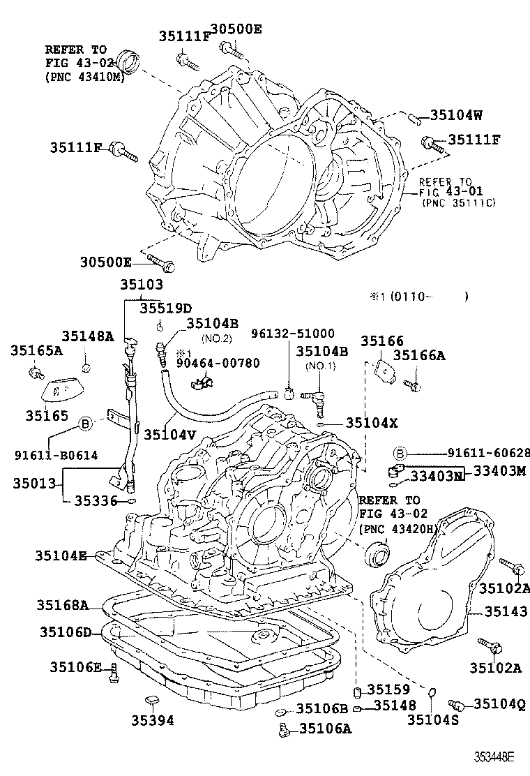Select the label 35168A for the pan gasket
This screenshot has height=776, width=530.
pyautogui.click(x=64, y=605)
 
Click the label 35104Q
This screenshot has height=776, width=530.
pyautogui.click(x=499, y=704)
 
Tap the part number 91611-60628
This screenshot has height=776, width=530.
pyautogui.click(x=479, y=452)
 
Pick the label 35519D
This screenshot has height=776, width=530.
pyautogui.click(x=165, y=307)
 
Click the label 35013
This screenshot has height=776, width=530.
pyautogui.click(x=34, y=482)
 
